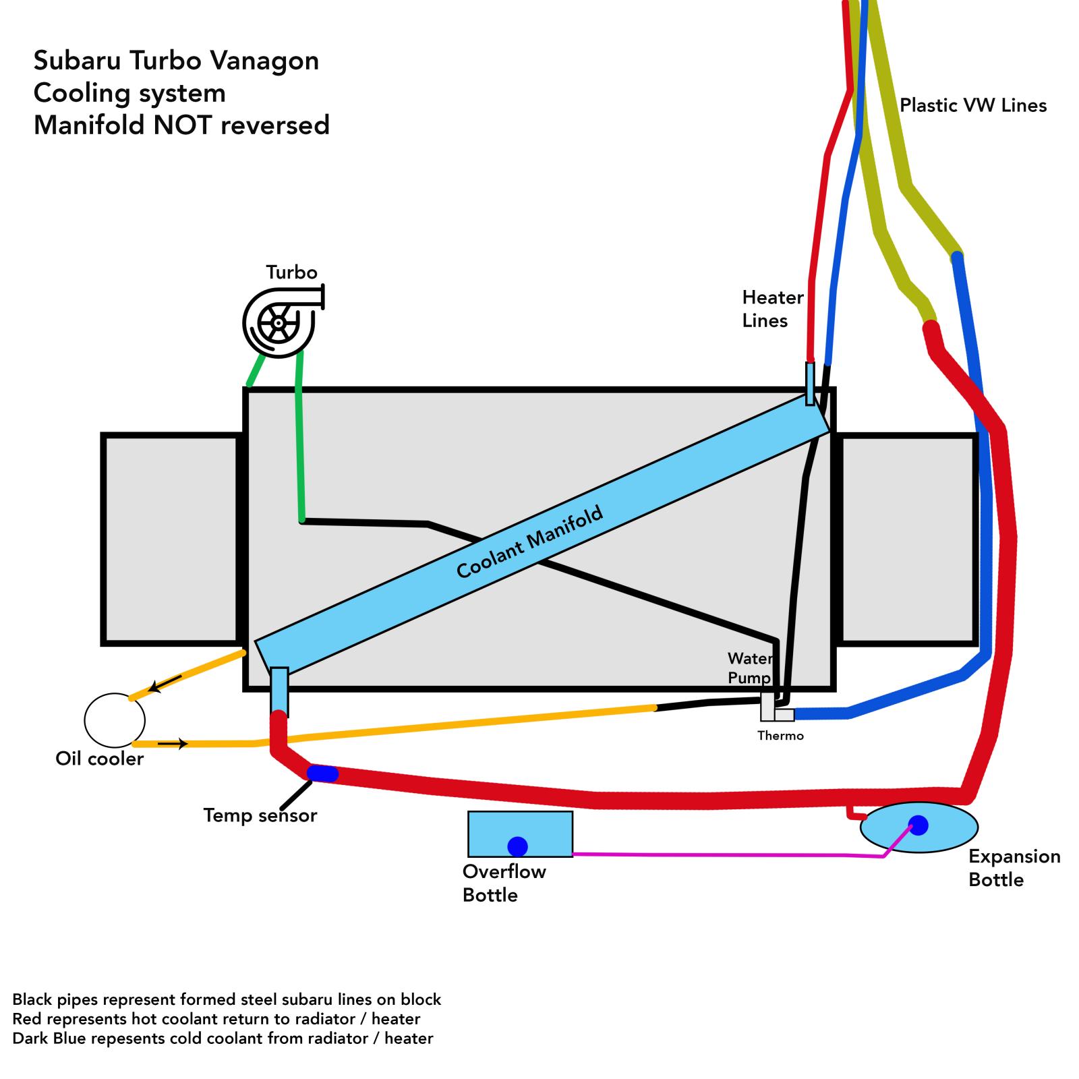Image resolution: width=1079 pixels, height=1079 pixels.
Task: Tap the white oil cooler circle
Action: (115, 720)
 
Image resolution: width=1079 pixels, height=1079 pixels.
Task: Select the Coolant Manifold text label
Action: (529, 544)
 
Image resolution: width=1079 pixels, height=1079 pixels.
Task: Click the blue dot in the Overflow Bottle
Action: (517, 846)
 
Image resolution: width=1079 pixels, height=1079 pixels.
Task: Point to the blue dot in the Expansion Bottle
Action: (918, 824)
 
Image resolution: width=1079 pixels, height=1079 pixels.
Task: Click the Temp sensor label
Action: (260, 816)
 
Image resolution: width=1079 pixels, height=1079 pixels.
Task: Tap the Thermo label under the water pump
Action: (780, 736)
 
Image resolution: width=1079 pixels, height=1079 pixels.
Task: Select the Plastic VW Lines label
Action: (972, 105)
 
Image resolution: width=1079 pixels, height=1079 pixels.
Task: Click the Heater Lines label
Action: (773, 309)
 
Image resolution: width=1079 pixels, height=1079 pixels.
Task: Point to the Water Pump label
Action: (749, 668)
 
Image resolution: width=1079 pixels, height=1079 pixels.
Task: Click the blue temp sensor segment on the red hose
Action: (322, 774)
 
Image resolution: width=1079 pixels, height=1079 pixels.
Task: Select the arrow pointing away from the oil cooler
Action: (173, 744)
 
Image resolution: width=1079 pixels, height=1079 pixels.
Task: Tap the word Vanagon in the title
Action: (264, 61)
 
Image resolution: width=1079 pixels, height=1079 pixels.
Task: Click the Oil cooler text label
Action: (99, 759)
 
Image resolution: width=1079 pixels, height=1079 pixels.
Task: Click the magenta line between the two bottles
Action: (708, 855)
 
